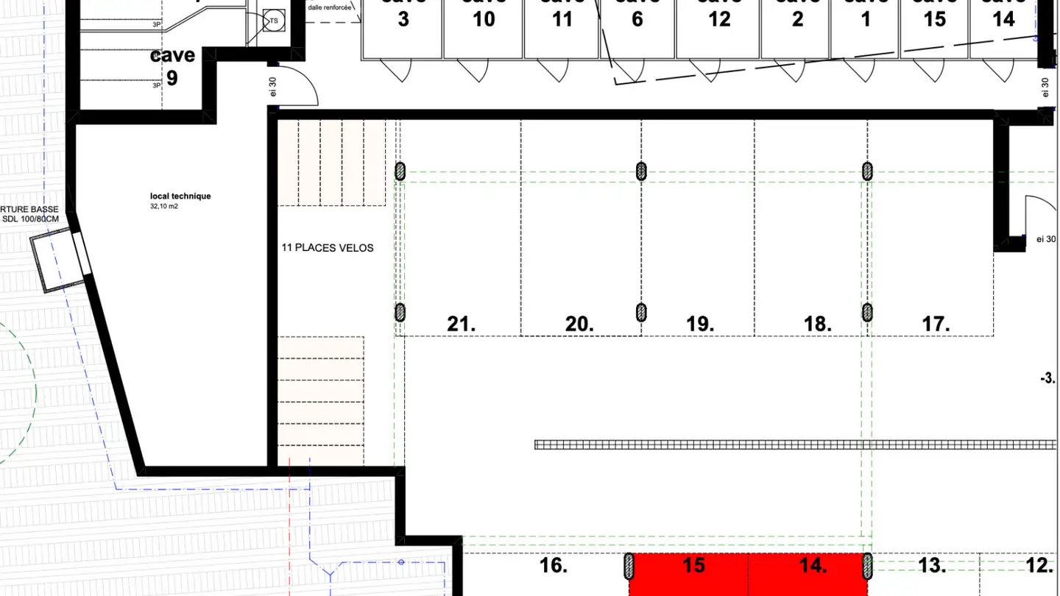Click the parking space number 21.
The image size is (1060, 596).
(461, 324)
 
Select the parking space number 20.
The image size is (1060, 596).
(579, 324)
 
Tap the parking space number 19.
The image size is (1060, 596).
(699, 324)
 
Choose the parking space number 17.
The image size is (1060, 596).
(936, 324)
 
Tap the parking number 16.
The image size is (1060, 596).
(554, 565)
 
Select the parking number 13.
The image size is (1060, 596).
(932, 565)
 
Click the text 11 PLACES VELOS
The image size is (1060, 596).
(328, 248)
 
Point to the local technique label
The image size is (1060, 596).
(180, 196)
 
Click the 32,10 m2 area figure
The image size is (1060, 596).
(164, 207)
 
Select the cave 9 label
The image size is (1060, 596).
(172, 66)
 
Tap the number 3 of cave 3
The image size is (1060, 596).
(403, 19)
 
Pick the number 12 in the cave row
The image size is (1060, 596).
(719, 19)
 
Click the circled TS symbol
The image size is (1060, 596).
(274, 21)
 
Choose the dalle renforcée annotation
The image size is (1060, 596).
(329, 7)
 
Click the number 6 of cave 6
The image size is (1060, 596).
(637, 19)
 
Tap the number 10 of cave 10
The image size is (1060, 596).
(484, 19)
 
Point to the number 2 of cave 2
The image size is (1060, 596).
(798, 19)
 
